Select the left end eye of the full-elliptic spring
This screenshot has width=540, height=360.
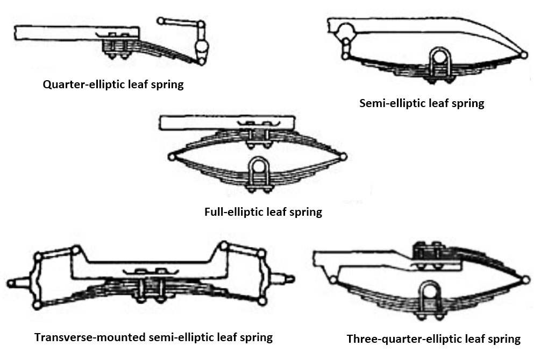pos(172,157)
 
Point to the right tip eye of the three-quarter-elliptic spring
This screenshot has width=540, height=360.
pos(525,280)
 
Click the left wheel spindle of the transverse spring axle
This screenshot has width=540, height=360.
pos(19,280)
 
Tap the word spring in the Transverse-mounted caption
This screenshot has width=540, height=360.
pos(256,338)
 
